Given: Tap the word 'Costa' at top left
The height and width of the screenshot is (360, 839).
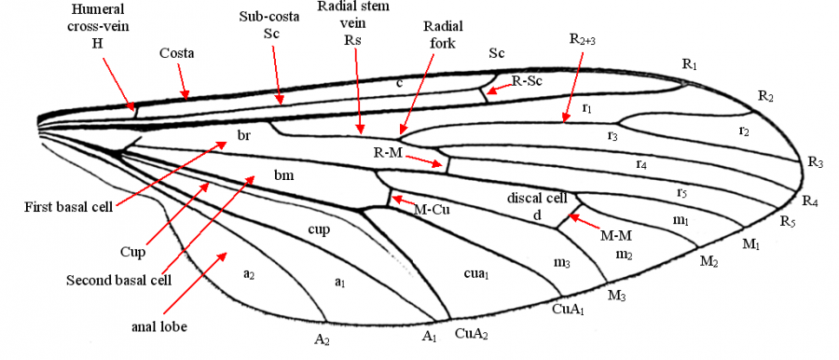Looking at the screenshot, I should pos(176,53).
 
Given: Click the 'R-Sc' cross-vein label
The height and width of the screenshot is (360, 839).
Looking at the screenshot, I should pos(526,82).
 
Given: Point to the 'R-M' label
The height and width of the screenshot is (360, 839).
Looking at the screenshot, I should pos(389,152).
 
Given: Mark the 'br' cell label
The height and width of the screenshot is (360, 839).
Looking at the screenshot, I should pos(243,136).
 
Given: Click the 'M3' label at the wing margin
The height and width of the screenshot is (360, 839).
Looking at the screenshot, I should pos(615,296).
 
